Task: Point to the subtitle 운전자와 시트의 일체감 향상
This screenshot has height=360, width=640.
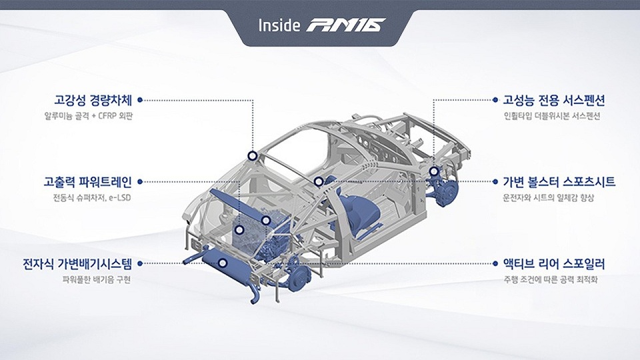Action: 548,197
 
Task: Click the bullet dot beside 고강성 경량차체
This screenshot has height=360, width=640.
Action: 141,101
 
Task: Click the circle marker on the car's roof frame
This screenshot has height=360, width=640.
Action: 252,156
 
